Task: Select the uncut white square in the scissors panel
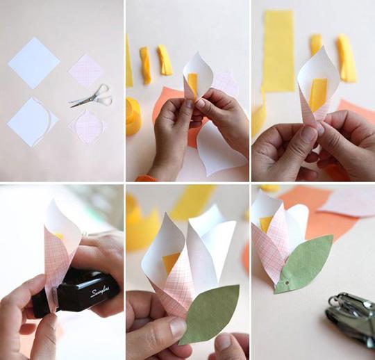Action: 34,63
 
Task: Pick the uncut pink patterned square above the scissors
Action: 87,71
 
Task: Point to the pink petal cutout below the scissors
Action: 87,127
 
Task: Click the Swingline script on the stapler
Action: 101,291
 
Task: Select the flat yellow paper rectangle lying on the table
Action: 279,51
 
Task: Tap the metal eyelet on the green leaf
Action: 287,283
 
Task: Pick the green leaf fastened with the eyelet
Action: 305,263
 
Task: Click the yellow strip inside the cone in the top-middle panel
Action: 193,84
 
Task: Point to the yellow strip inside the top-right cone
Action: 318,94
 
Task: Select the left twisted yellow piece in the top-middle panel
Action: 145,65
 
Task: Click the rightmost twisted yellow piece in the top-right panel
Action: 347,58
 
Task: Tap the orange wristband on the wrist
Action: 146,178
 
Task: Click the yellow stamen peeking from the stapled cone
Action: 59,236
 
